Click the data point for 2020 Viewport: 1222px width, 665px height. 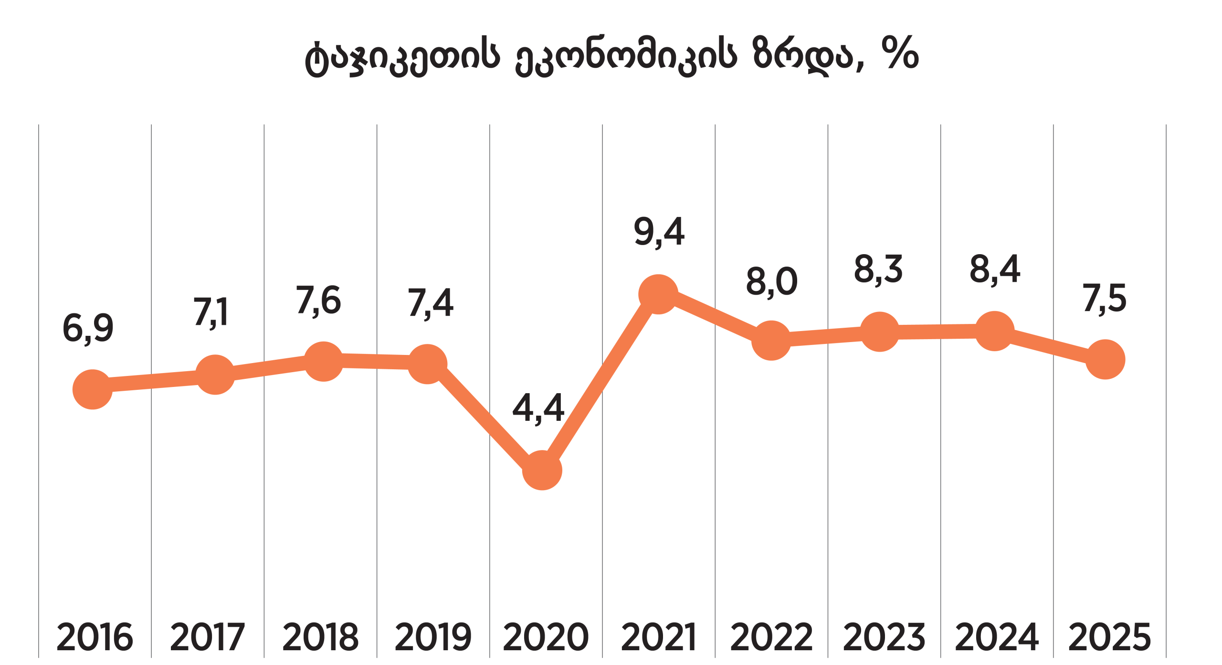(x=542, y=471)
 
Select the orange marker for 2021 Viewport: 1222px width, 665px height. (x=658, y=294)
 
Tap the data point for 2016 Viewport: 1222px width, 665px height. (x=93, y=389)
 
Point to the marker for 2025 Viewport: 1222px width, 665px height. (x=1105, y=359)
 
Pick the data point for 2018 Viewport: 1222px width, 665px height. (x=324, y=362)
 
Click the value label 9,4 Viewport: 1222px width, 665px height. (x=659, y=232)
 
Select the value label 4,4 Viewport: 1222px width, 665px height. (x=538, y=408)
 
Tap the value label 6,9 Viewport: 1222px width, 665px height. (x=88, y=329)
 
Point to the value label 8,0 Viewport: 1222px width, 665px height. (x=772, y=282)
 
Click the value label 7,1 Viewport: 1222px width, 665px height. (x=211, y=312)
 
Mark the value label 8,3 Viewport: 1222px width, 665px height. (x=878, y=270)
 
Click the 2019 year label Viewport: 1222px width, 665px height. (x=433, y=637)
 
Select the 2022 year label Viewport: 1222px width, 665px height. (x=771, y=637)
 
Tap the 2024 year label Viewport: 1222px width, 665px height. (x=997, y=637)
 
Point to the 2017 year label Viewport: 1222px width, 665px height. (x=208, y=637)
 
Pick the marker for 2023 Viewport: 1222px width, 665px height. (x=879, y=332)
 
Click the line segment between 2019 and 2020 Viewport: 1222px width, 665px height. (x=485, y=418)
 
